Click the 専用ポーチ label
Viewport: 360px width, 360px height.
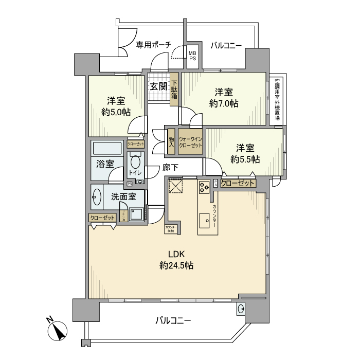(x=153, y=45)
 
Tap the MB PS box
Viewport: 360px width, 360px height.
(x=192, y=55)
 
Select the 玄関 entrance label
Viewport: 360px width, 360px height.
(x=158, y=86)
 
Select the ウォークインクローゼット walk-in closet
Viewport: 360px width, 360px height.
(x=190, y=141)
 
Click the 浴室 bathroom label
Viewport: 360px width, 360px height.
(x=105, y=164)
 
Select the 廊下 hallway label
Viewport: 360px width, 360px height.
(x=170, y=167)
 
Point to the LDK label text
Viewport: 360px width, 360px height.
(x=176, y=254)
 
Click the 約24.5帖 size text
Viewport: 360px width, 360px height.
(x=176, y=266)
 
